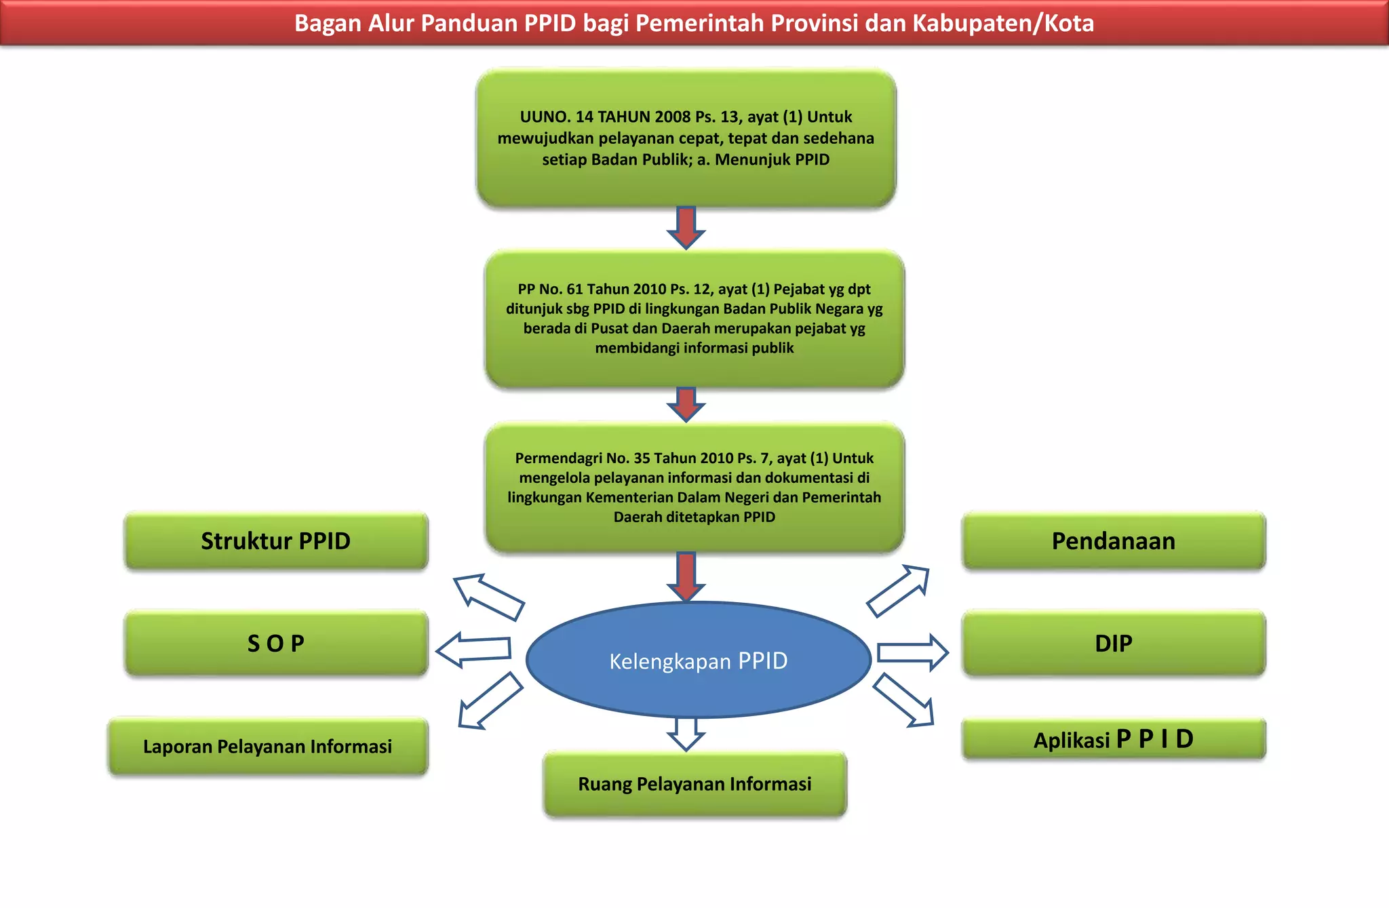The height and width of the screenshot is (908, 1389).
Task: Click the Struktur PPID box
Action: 276,541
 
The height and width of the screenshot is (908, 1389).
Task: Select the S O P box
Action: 276,643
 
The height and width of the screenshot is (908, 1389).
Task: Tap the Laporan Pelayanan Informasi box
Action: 268,746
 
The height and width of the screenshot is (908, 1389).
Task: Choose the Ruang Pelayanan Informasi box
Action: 694,784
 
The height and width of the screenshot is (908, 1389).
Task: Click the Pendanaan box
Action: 1114,541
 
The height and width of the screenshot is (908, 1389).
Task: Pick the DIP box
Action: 1114,643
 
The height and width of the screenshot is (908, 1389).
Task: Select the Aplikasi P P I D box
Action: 1114,739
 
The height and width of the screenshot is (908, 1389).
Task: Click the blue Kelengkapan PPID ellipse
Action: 699,660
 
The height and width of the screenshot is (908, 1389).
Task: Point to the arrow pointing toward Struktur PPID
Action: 488,597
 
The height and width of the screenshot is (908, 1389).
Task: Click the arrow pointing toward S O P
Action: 473,649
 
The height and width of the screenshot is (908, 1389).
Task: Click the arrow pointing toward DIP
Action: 912,653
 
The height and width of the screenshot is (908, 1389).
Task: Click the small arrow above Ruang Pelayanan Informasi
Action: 686,734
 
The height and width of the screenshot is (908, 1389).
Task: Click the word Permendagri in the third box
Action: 558,458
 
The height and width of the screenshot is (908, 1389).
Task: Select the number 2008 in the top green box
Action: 672,117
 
